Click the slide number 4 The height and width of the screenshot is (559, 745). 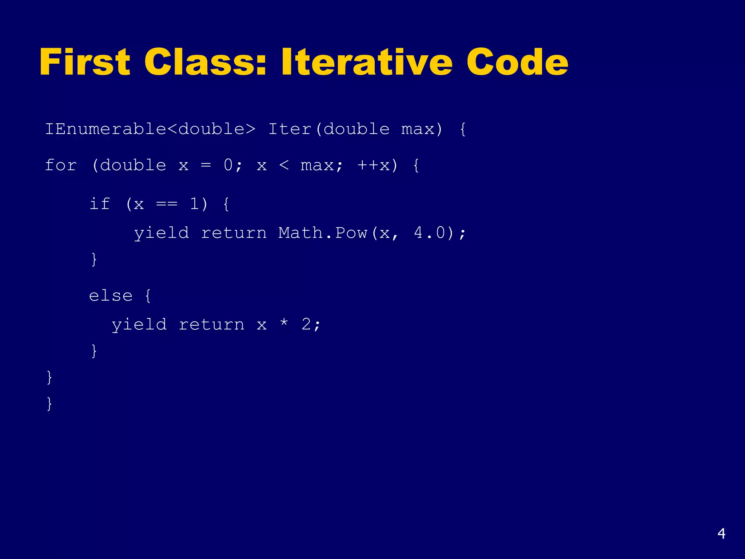(721, 534)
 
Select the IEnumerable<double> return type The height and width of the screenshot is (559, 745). (150, 129)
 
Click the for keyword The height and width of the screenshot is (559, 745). (61, 166)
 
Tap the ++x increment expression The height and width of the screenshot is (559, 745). (374, 166)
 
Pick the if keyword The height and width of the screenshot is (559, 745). (100, 203)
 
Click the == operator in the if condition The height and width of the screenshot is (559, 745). (167, 204)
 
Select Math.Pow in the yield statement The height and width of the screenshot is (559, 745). (323, 233)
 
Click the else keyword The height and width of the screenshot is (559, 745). (111, 296)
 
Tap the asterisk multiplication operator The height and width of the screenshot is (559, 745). (284, 323)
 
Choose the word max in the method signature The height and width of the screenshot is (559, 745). (418, 129)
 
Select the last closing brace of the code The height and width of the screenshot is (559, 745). (49, 404)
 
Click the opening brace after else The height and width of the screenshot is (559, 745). (148, 296)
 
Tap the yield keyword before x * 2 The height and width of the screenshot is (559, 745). (139, 325)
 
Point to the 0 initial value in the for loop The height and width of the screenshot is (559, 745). (228, 166)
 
